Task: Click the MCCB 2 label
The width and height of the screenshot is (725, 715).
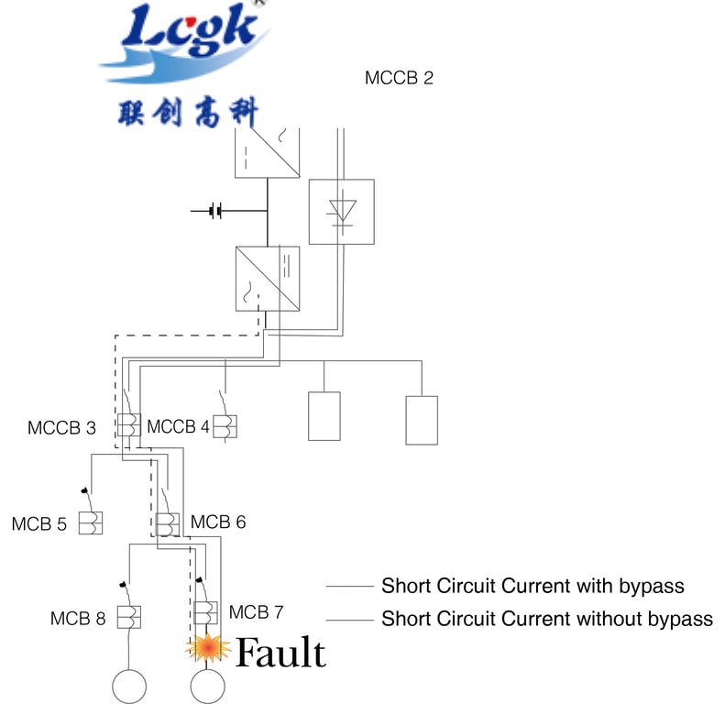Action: [399, 78]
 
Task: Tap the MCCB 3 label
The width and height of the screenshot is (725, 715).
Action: [61, 427]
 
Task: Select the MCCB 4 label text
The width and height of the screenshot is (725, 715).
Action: [178, 427]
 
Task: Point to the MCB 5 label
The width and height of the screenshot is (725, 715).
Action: [39, 525]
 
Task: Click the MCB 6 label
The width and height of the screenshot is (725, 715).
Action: [218, 522]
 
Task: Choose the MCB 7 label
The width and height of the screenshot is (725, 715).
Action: [257, 611]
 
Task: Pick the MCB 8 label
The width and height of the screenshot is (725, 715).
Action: [78, 619]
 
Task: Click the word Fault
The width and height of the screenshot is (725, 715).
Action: [280, 654]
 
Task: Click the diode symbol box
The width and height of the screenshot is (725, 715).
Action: [341, 212]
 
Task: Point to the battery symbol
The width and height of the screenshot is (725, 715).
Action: [215, 212]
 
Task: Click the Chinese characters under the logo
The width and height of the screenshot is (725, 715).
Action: [188, 113]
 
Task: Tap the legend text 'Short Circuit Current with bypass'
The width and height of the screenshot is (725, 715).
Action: [533, 586]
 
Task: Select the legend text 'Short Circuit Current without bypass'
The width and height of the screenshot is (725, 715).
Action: [546, 619]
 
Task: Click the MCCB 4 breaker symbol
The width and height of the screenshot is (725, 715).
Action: [224, 426]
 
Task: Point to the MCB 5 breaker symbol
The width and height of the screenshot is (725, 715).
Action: [91, 523]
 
